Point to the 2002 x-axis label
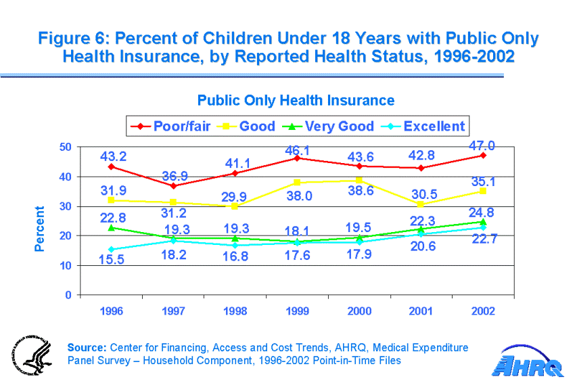[x=483, y=312]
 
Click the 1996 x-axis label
[x=111, y=312]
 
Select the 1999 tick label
[x=297, y=312]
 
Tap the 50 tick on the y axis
[x=66, y=147]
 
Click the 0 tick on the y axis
[x=69, y=295]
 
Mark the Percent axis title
[x=40, y=229]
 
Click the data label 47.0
[x=483, y=146]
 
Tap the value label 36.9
[x=174, y=177]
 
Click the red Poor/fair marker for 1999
[x=297, y=158]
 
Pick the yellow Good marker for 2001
[x=421, y=204]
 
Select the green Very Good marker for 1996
[x=111, y=227]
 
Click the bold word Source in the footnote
[x=87, y=348]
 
